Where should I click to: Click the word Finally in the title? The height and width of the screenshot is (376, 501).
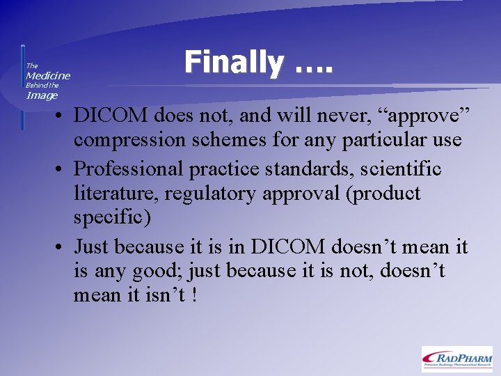(x=233, y=63)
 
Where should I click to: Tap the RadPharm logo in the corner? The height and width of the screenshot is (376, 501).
(x=456, y=359)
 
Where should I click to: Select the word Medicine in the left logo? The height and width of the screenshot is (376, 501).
(x=48, y=75)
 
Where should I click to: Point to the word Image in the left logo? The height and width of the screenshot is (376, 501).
(x=42, y=95)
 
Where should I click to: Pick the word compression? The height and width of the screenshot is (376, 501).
(x=128, y=140)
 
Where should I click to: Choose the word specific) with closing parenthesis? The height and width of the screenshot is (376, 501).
(x=111, y=218)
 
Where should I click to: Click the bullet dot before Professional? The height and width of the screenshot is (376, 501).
(x=63, y=169)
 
